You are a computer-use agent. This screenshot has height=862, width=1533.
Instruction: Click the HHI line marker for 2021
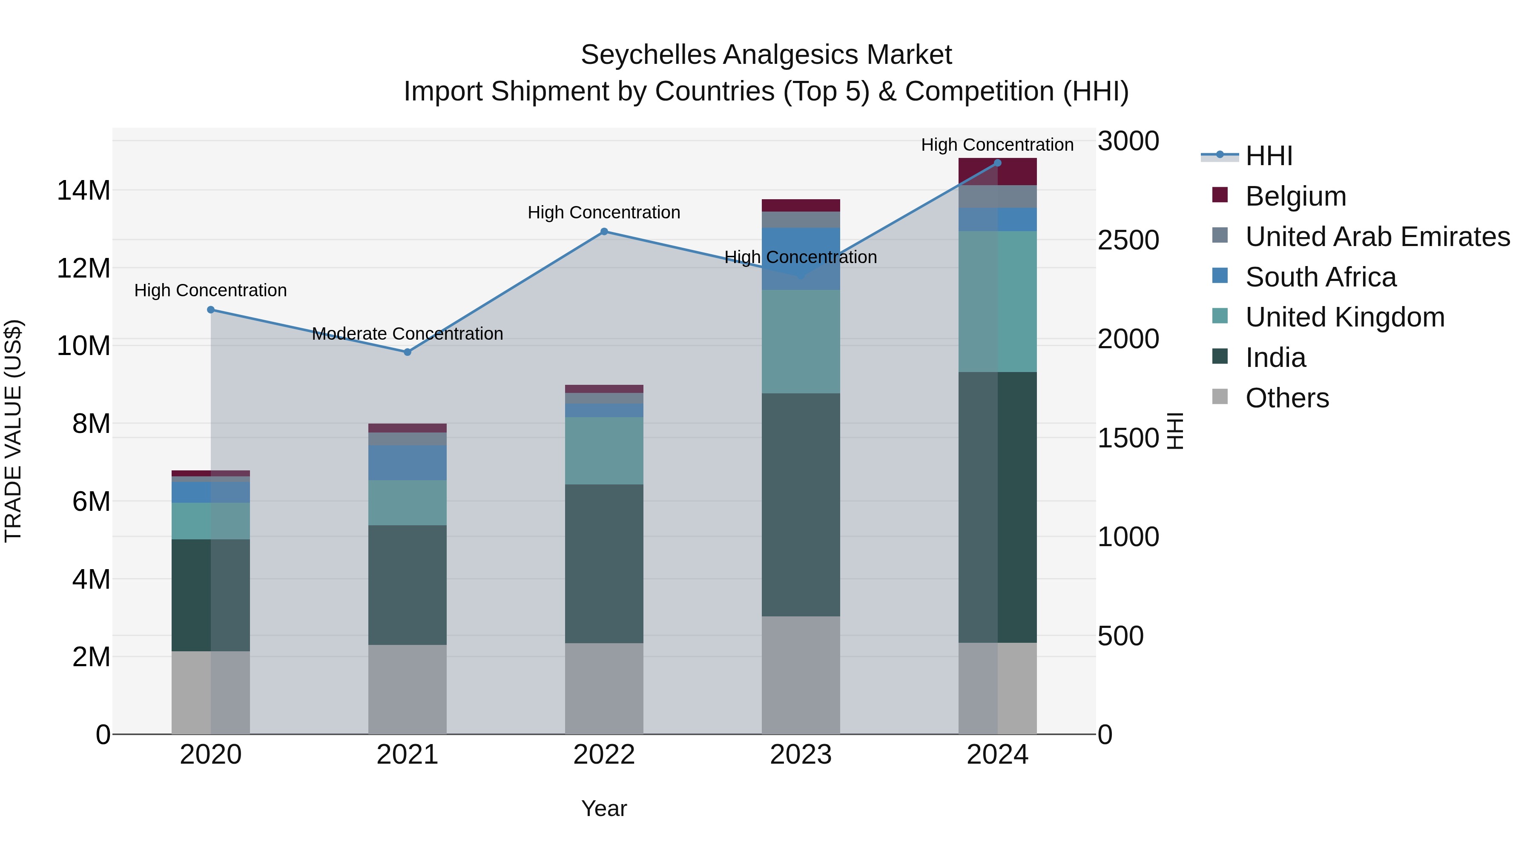[407, 352]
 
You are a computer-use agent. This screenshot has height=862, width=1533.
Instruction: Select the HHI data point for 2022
[604, 232]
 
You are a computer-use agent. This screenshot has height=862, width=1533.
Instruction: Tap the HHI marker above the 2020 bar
[211, 310]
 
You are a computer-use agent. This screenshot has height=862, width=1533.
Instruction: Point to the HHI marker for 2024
[997, 163]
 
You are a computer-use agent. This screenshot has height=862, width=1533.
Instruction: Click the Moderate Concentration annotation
[407, 334]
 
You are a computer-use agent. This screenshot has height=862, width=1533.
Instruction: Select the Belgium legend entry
[1295, 196]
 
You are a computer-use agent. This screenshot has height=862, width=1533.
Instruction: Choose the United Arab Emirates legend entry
[1377, 237]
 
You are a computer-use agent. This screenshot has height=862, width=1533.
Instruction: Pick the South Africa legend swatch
[1220, 276]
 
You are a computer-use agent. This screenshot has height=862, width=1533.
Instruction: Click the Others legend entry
[1286, 398]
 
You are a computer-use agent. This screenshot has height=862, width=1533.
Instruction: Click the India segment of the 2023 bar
[801, 504]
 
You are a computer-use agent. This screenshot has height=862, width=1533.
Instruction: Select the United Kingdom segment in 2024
[997, 302]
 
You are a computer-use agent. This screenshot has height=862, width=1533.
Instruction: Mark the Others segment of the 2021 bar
[407, 690]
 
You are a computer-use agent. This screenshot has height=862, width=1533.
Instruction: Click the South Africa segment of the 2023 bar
[801, 259]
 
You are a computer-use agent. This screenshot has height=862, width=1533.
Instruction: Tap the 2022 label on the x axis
[604, 755]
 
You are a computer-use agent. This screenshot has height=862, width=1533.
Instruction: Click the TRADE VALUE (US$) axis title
[13, 431]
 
